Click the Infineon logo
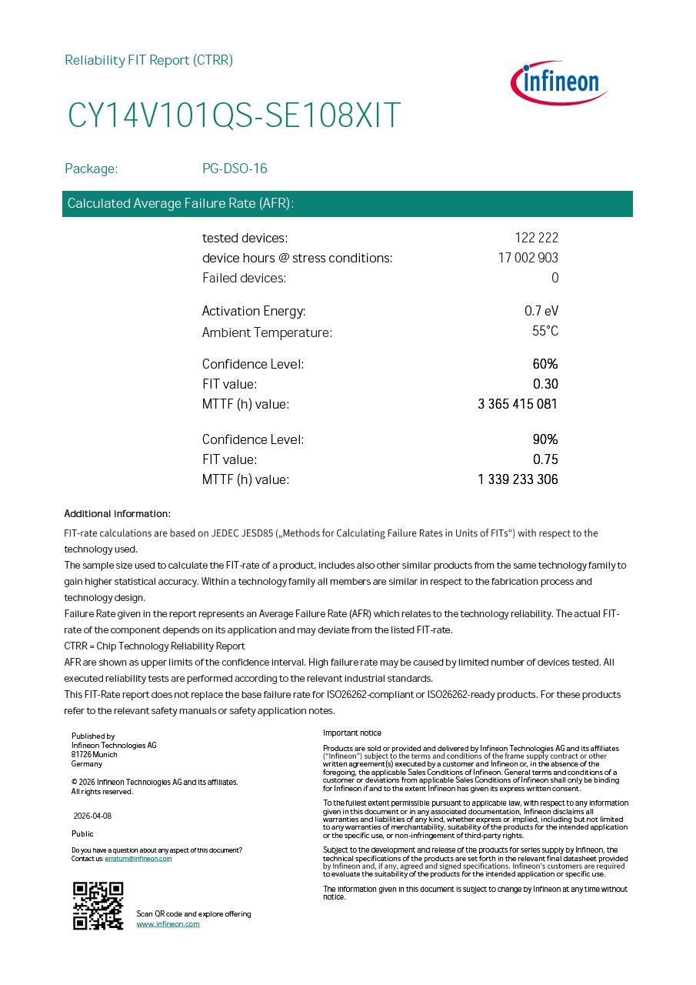559,82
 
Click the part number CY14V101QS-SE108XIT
234,115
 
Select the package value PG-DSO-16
235,169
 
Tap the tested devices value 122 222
536,238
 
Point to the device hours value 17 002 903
528,258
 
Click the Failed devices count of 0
554,278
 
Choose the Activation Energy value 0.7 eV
541,311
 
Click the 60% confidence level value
545,364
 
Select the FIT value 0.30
545,384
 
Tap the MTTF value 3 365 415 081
518,404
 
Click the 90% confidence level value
545,439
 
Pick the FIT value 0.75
545,459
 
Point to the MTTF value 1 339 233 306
518,479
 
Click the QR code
98,906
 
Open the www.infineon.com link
168,924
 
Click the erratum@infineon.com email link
138,859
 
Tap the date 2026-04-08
92,816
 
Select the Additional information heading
117,514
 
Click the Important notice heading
351,733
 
